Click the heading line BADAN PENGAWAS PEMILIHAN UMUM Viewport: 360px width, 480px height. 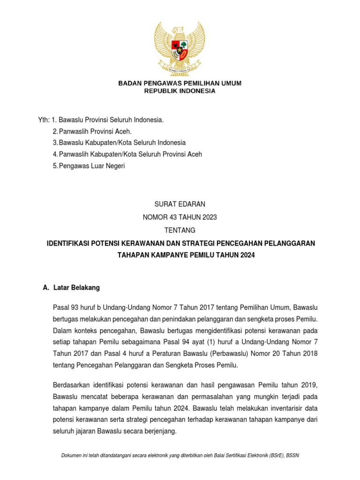[x=180, y=83]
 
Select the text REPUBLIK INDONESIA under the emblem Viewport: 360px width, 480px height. [x=180, y=91]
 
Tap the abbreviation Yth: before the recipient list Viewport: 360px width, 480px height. [x=43, y=120]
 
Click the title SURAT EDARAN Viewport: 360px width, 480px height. [x=180, y=204]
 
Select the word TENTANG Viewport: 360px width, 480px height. [x=180, y=230]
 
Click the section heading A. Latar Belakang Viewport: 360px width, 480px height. [x=71, y=287]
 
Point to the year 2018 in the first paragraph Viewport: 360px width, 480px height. [x=309, y=353]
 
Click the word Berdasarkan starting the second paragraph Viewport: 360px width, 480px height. [x=72, y=385]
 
